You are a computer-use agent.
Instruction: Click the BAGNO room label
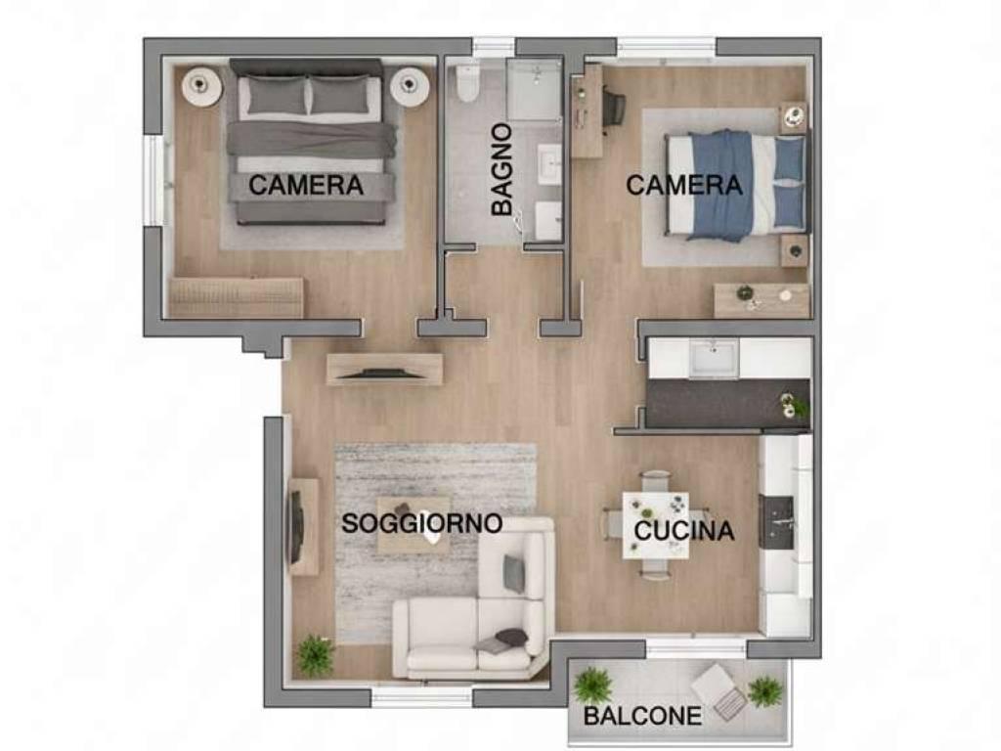502,169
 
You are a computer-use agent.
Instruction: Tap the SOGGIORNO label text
421,523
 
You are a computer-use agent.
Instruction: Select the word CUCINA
684,532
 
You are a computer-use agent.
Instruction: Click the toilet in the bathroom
468,84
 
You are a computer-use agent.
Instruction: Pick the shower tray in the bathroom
534,90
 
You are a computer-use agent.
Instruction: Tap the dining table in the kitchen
655,524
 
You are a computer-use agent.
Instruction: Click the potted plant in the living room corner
315,654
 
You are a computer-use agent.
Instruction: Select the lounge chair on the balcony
720,690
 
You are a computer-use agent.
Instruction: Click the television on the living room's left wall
295,526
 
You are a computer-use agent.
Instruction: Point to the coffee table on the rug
413,523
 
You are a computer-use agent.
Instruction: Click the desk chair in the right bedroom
613,107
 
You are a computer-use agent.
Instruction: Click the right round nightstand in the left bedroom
410,86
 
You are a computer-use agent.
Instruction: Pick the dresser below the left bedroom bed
237,297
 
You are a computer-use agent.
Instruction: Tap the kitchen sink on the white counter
714,358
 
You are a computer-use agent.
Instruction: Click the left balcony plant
592,685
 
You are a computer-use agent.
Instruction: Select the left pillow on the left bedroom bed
274,96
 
